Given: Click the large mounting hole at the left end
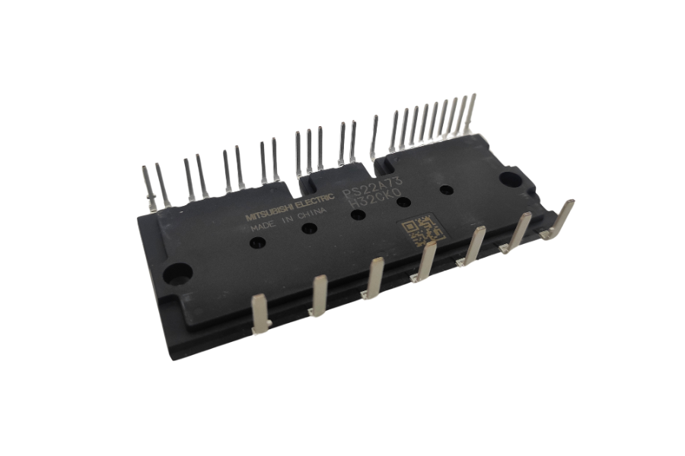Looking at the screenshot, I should (180, 271).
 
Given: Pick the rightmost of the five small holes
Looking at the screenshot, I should (446, 190).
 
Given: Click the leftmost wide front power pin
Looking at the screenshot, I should (259, 313).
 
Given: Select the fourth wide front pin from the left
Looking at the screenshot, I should (425, 261).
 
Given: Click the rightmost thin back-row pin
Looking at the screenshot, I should (472, 113).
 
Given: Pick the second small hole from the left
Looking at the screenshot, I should (309, 228).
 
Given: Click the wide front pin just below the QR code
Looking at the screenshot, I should (425, 261).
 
